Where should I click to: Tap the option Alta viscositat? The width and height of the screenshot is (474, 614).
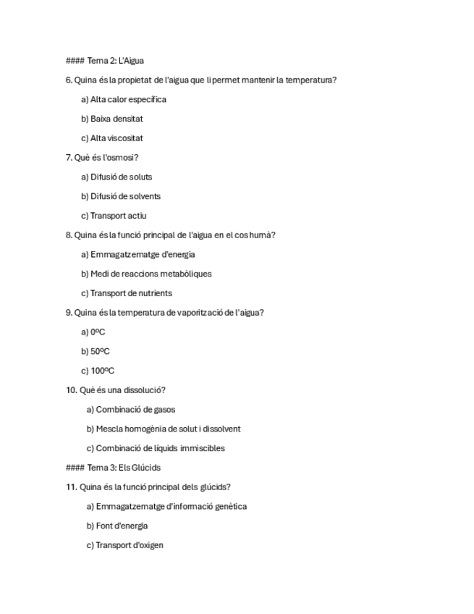coord(111,138)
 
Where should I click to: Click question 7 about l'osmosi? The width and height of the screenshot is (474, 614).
coord(102,158)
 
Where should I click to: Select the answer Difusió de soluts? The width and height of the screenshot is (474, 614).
coord(116,177)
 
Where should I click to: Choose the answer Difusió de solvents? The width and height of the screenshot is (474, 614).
coord(120,196)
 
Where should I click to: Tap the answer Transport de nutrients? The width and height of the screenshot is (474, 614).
coord(126,293)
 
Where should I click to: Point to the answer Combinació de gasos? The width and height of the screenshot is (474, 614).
coord(130,410)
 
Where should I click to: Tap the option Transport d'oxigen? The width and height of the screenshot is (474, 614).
coord(124,545)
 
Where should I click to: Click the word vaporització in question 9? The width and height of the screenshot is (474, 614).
coord(199,313)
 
